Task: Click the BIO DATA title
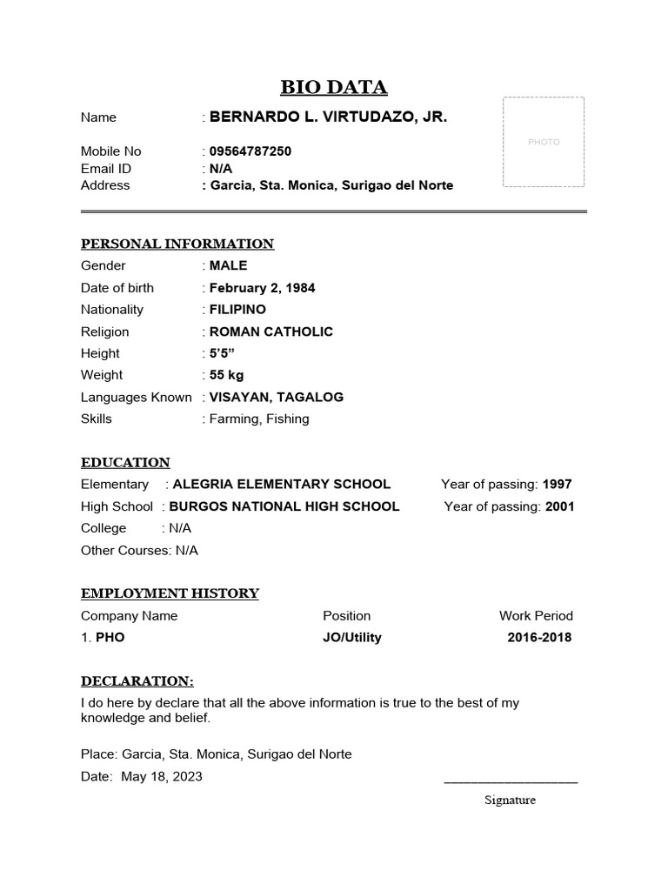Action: point(334,87)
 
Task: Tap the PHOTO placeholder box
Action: point(544,142)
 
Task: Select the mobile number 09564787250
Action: point(250,151)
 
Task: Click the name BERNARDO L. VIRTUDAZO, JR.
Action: point(329,117)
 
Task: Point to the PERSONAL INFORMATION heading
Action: point(177,244)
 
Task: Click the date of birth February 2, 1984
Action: point(262,288)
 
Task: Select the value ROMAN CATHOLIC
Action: point(271,332)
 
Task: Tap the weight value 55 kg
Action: point(226,375)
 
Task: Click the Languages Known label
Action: point(137,397)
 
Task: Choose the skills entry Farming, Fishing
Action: point(259,419)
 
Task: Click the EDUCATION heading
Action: point(125,462)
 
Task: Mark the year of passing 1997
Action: point(558,485)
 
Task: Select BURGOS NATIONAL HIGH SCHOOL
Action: point(284,506)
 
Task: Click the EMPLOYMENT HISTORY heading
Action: point(170,593)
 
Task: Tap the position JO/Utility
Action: point(352,638)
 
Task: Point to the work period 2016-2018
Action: point(539,638)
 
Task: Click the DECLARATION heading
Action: point(137,680)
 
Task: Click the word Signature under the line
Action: point(510,801)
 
